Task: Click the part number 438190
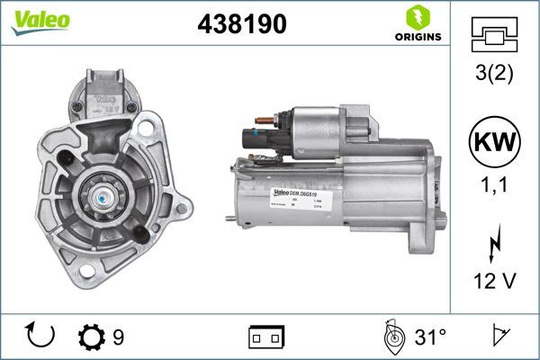coord(240,25)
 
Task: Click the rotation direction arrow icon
coord(41,337)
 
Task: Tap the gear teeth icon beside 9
coord(92,337)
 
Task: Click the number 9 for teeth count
coord(118,337)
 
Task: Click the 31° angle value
coord(430,337)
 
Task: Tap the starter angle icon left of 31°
coord(393,337)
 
